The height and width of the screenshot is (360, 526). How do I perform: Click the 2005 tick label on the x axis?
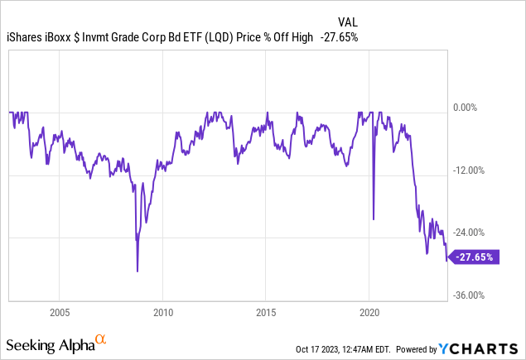[x=59, y=314]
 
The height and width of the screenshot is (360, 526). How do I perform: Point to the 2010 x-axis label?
[x=162, y=314]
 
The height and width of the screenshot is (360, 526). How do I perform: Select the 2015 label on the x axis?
[x=266, y=314]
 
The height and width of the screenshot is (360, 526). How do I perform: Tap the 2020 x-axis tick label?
[x=369, y=314]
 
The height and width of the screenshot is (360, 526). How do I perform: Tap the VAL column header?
[x=349, y=22]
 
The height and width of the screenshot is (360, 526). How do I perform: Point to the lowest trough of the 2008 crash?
[x=138, y=271]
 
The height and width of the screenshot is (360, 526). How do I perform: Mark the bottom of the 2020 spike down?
[x=374, y=219]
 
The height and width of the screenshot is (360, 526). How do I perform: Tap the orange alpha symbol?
[x=100, y=339]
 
